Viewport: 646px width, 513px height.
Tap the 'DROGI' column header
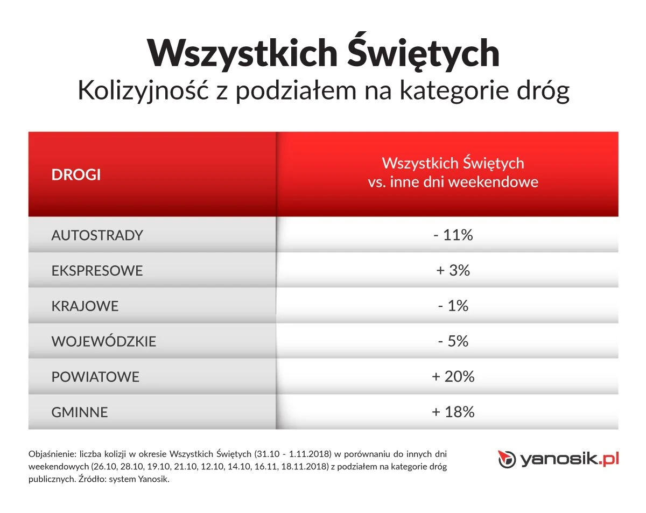pos(76,175)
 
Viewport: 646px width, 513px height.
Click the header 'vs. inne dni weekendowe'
pos(453,182)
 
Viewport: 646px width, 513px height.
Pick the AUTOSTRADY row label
pos(97,235)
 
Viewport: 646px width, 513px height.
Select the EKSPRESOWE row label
pos(97,270)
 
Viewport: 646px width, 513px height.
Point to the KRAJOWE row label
pos(85,306)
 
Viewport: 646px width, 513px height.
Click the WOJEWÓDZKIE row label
pos(103,341)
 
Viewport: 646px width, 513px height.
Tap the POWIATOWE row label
pos(95,377)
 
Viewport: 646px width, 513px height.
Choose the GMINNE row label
pos(80,412)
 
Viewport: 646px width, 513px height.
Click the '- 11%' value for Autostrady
pos(453,235)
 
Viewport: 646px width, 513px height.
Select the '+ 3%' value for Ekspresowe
pos(453,270)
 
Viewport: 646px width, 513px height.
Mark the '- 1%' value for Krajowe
pos(453,306)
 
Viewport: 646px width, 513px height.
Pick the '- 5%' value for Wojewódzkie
pos(453,341)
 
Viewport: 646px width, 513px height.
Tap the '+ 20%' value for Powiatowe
pos(453,377)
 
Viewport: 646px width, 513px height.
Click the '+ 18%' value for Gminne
pos(453,412)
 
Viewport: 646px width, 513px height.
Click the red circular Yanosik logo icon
pos(505,459)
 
